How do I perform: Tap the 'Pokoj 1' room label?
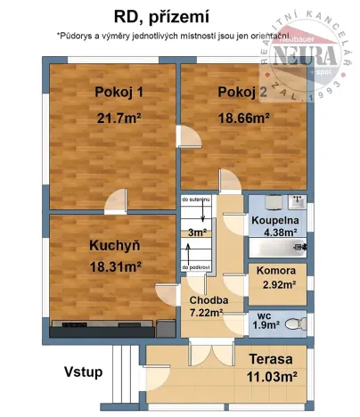tap(119, 93)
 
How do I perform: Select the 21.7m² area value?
tap(119, 117)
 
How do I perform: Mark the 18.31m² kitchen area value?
tap(115, 266)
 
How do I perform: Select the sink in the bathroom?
tap(297, 202)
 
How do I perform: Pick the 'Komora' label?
tap(277, 271)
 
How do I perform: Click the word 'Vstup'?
tap(82, 372)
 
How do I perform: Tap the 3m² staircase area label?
tap(196, 233)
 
